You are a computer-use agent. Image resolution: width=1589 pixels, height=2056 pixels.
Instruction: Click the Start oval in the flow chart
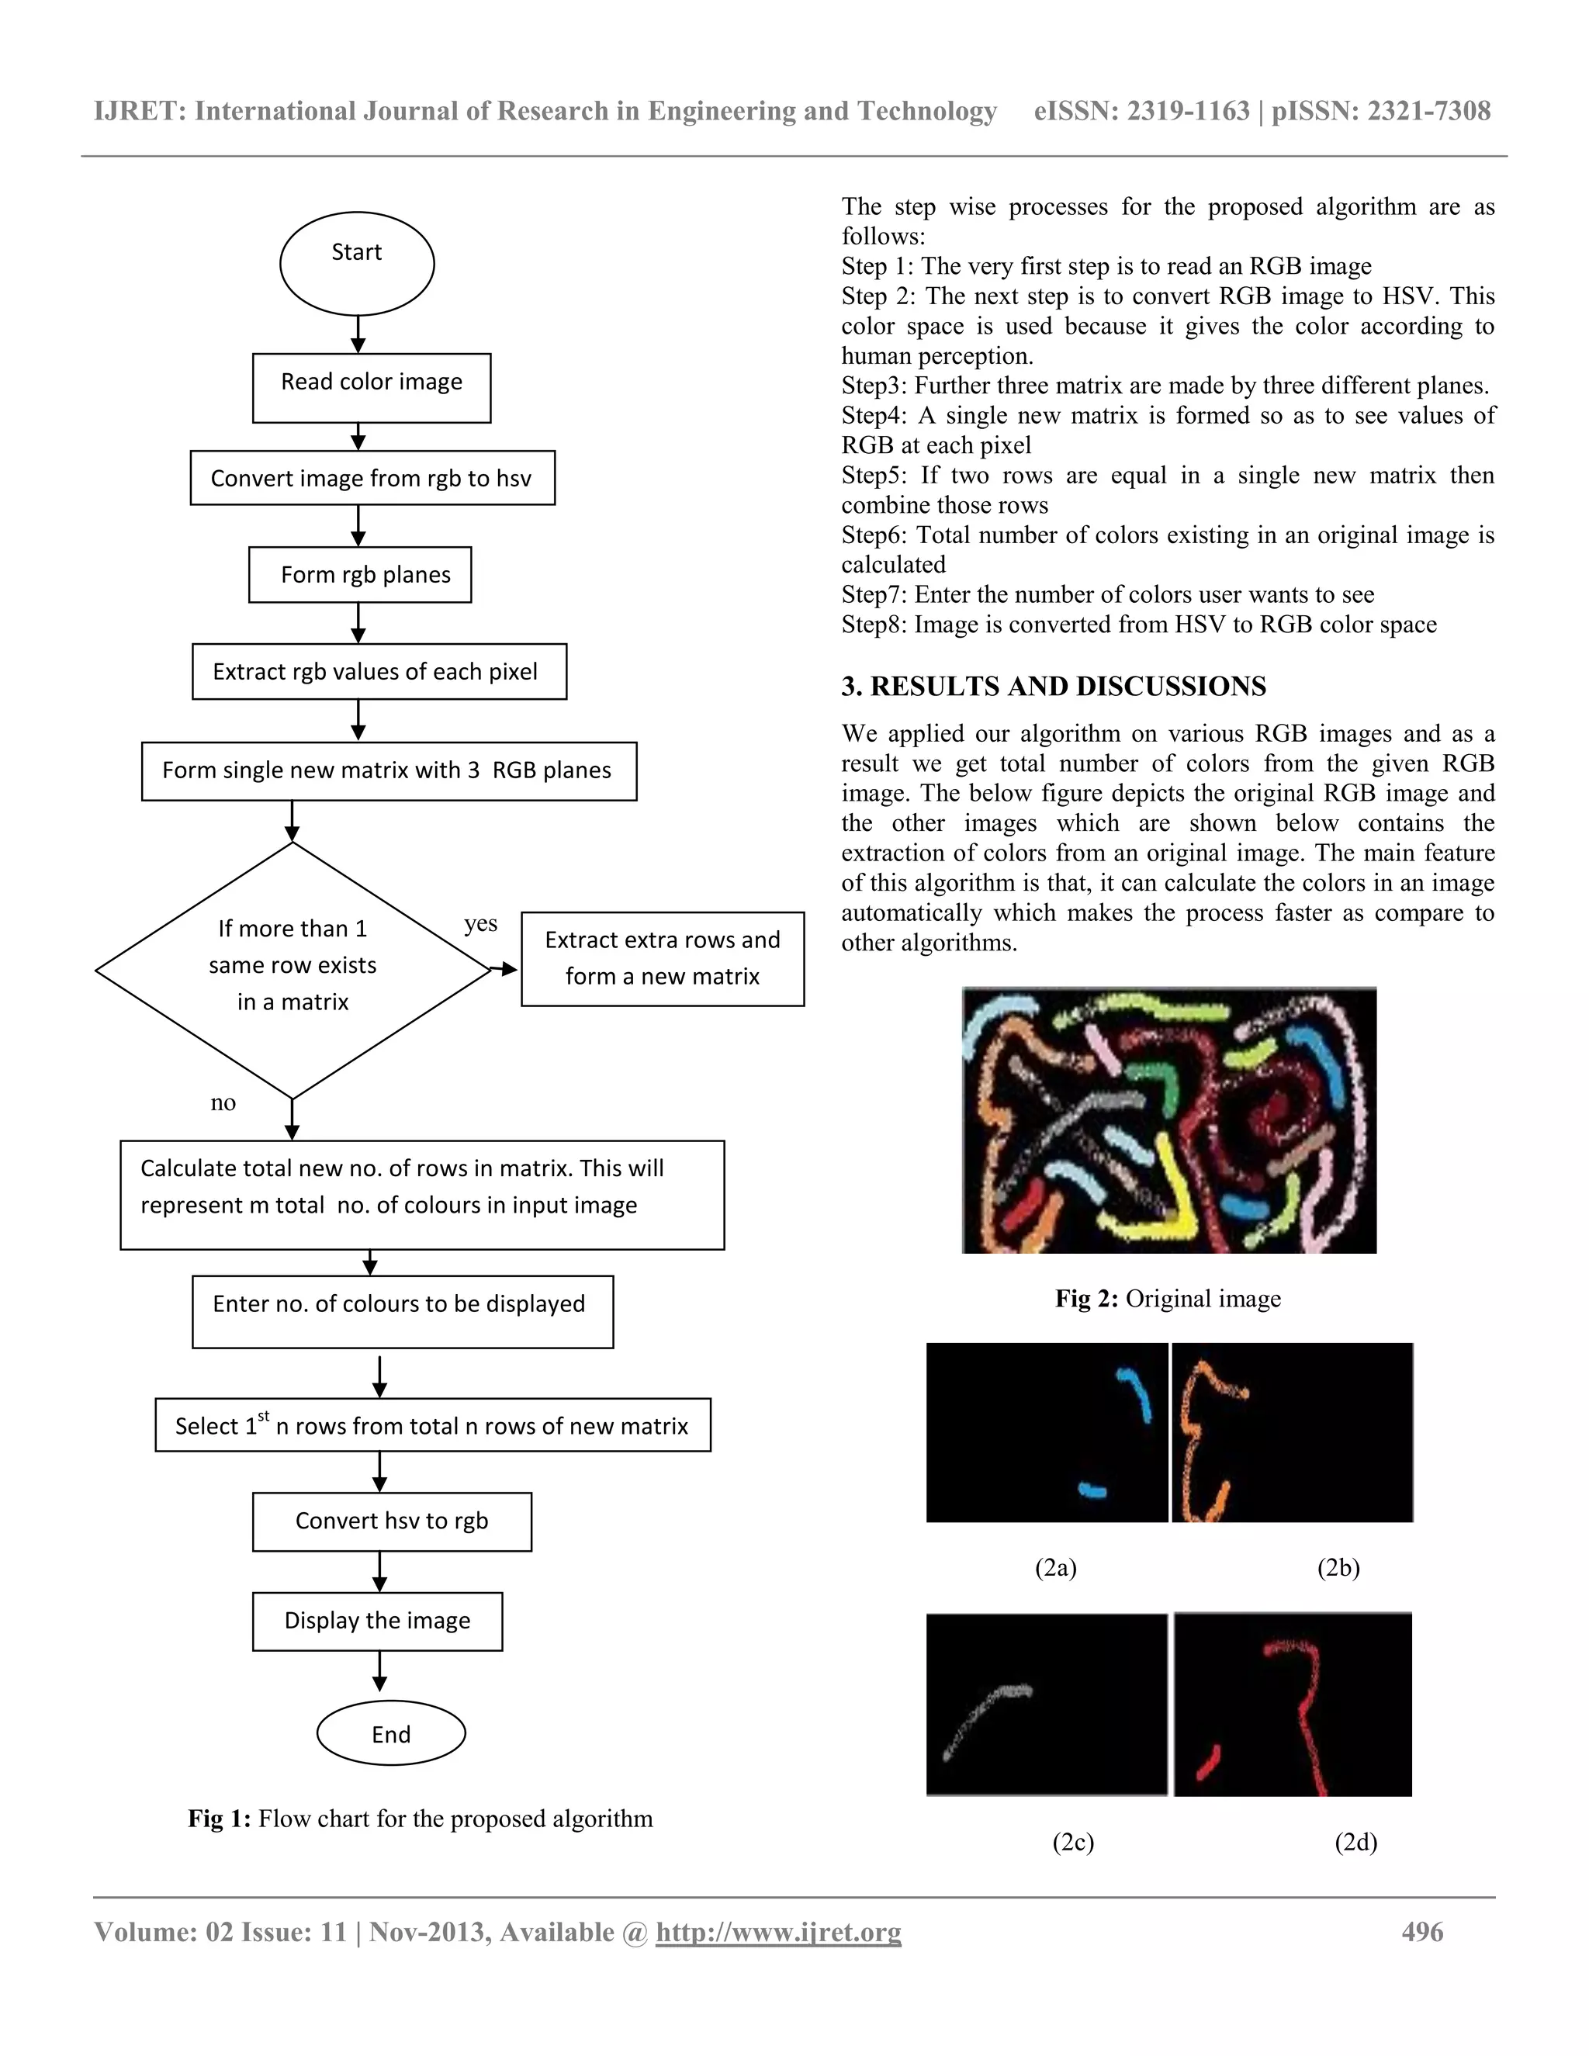357,263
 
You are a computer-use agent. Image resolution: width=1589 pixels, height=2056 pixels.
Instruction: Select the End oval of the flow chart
391,1733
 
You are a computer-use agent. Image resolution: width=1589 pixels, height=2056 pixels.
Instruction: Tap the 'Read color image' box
371,387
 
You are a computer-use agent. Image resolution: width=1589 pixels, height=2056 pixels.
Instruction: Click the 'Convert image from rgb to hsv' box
372,477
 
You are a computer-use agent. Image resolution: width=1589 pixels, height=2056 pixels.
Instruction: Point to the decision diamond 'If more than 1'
293,970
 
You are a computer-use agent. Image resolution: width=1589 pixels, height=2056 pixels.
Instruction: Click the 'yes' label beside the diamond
480,923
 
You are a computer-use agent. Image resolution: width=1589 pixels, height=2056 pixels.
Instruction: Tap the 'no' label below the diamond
223,1102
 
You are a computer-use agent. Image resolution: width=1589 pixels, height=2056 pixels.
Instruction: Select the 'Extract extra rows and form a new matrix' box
662,958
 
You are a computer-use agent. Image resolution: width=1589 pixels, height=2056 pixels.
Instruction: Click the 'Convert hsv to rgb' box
392,1521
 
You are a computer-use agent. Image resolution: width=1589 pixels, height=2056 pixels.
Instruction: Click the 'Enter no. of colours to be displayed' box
402,1310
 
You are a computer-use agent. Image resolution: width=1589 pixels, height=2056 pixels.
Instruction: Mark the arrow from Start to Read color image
358,334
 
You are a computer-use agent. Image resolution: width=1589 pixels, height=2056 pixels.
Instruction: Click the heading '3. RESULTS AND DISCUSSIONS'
1054,687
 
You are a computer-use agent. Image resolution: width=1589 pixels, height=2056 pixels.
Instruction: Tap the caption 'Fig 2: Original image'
1167,1299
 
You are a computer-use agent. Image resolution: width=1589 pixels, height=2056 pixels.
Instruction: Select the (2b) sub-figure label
1338,1567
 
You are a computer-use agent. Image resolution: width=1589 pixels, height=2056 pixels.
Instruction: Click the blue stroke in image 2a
1135,1396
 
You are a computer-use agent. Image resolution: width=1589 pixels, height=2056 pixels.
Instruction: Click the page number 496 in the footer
1421,1932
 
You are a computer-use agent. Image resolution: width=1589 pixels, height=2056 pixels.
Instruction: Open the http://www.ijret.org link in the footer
778,1933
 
